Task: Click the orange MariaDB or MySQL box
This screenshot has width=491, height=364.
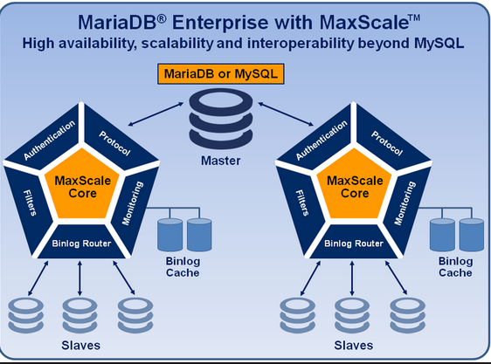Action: pos(221,74)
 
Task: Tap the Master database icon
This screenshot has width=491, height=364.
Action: pos(221,119)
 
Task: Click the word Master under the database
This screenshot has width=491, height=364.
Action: pos(221,161)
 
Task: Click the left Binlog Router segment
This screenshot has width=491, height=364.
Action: pos(82,243)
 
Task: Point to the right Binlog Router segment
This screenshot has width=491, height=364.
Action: pos(354,243)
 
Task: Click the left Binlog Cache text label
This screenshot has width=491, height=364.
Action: pos(183,267)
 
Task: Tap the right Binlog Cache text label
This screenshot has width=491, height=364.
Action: pos(455,267)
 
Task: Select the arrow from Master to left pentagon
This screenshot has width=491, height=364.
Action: pos(156,114)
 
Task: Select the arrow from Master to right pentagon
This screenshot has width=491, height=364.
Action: pos(286,114)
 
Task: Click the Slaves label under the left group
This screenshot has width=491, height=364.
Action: pos(80,345)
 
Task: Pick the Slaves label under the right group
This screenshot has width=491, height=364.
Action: pos(354,345)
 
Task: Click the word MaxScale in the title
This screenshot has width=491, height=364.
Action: pos(364,23)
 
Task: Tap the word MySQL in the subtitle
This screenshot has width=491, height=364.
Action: pos(439,43)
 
